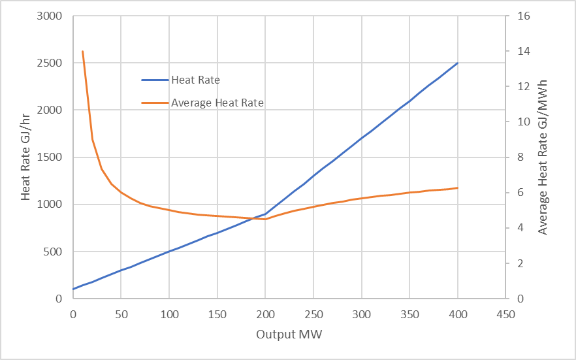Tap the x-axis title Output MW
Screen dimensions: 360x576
tap(289, 335)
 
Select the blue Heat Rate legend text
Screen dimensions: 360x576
tap(195, 80)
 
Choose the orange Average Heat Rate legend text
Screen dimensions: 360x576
tap(217, 103)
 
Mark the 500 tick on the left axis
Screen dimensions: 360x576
tap(53, 252)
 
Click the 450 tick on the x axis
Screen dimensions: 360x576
tap(505, 314)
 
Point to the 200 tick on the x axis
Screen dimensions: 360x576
tap(265, 314)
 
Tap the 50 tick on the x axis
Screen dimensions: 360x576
tap(121, 314)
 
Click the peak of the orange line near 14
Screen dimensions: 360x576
tap(82, 51)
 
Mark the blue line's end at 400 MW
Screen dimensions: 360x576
tap(458, 63)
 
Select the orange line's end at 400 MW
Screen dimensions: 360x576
tap(458, 188)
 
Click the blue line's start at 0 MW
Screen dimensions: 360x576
tap(73, 289)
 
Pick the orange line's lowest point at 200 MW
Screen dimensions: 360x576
tap(265, 219)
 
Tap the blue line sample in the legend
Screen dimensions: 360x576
tap(155, 80)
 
